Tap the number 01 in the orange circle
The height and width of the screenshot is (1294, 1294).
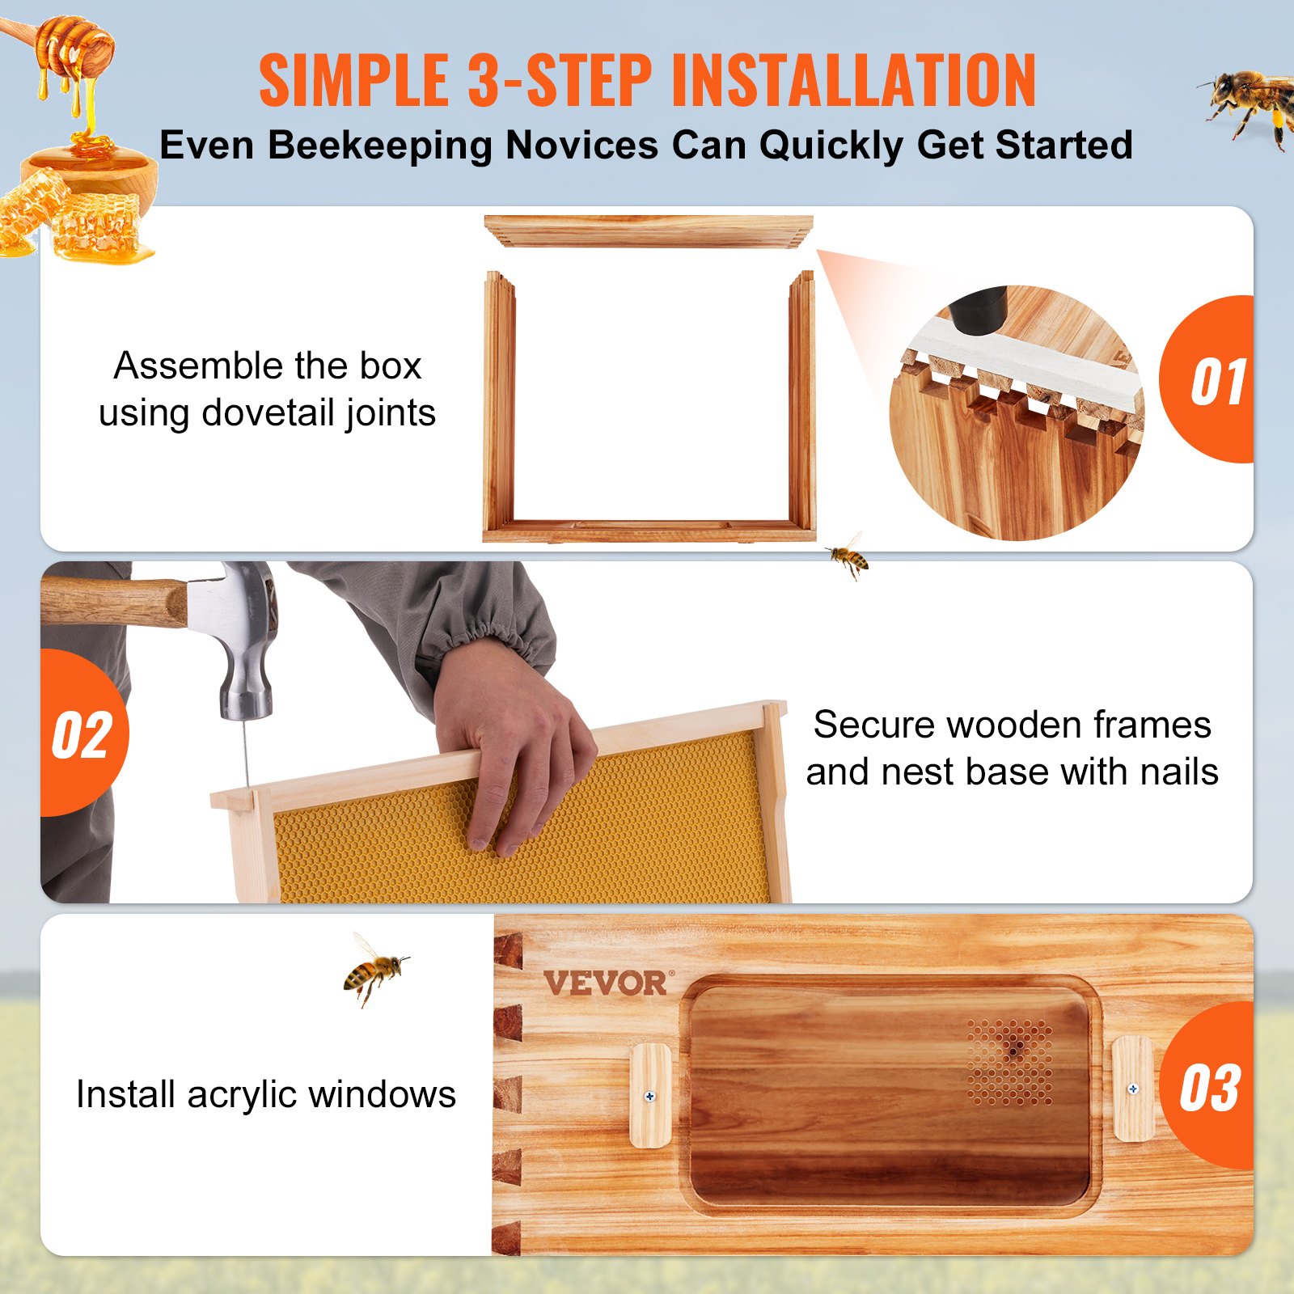(1217, 382)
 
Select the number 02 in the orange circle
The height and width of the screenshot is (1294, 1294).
(81, 736)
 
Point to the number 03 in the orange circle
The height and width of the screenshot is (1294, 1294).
(1209, 1088)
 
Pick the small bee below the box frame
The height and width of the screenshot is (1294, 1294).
(848, 556)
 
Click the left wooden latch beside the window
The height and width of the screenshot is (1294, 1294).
(650, 1095)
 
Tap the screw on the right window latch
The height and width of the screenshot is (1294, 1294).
(1133, 1089)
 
